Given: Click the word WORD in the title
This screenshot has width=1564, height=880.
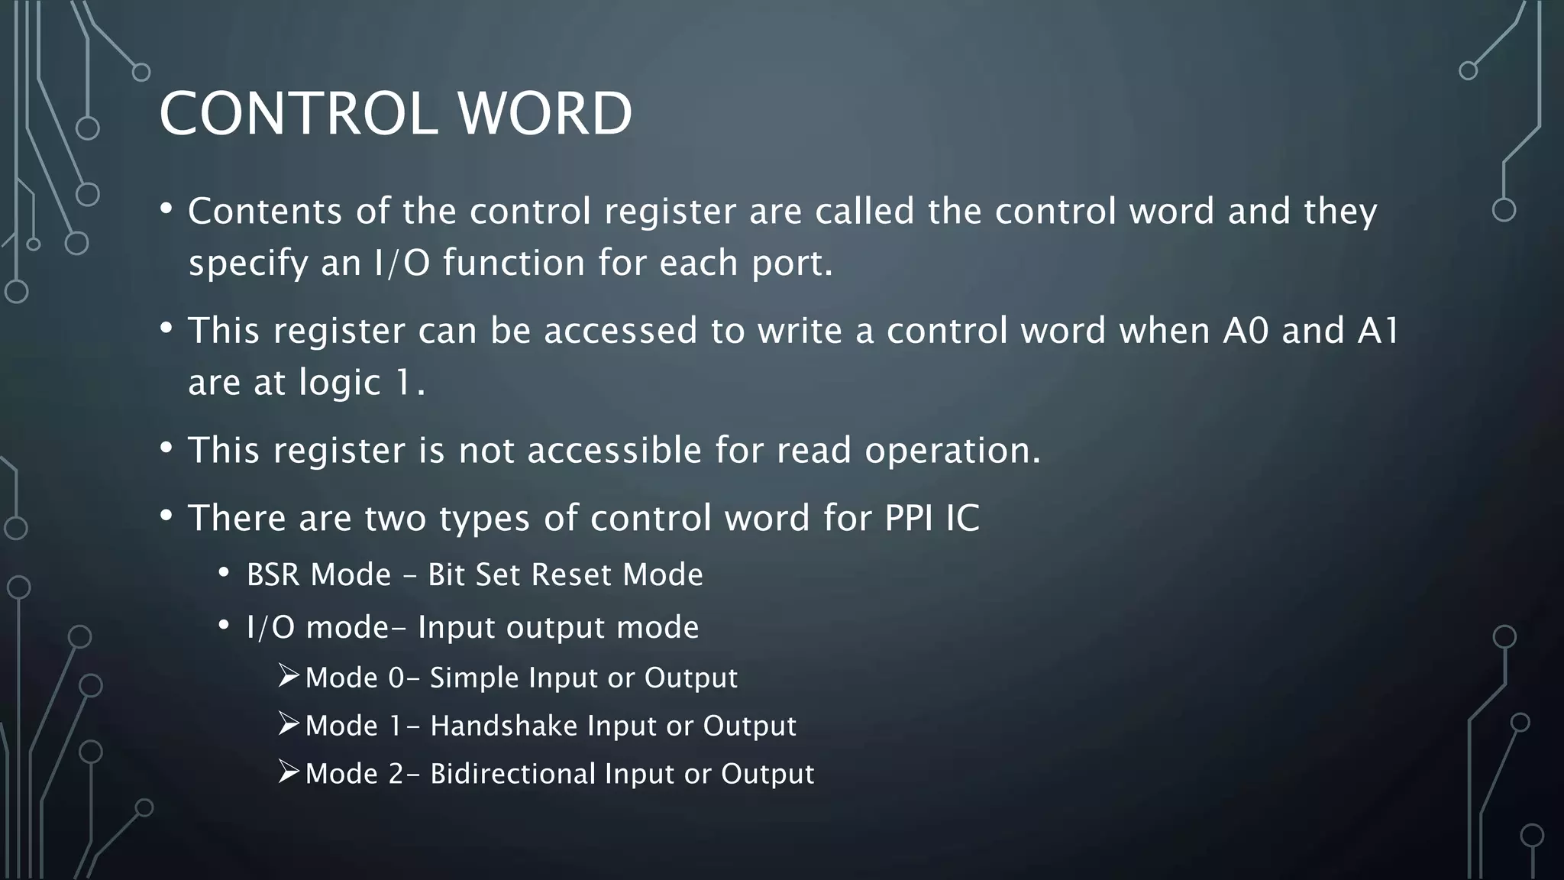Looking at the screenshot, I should (544, 114).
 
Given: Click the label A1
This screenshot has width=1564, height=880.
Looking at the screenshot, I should (1378, 331).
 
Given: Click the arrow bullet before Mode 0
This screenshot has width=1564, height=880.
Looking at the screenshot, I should (288, 676).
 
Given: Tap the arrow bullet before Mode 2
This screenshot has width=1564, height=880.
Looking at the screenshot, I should (288, 772).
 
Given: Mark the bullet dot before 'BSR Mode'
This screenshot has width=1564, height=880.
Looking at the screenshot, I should (224, 574).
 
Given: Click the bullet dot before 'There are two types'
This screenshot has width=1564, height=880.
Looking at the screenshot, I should (166, 516).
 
